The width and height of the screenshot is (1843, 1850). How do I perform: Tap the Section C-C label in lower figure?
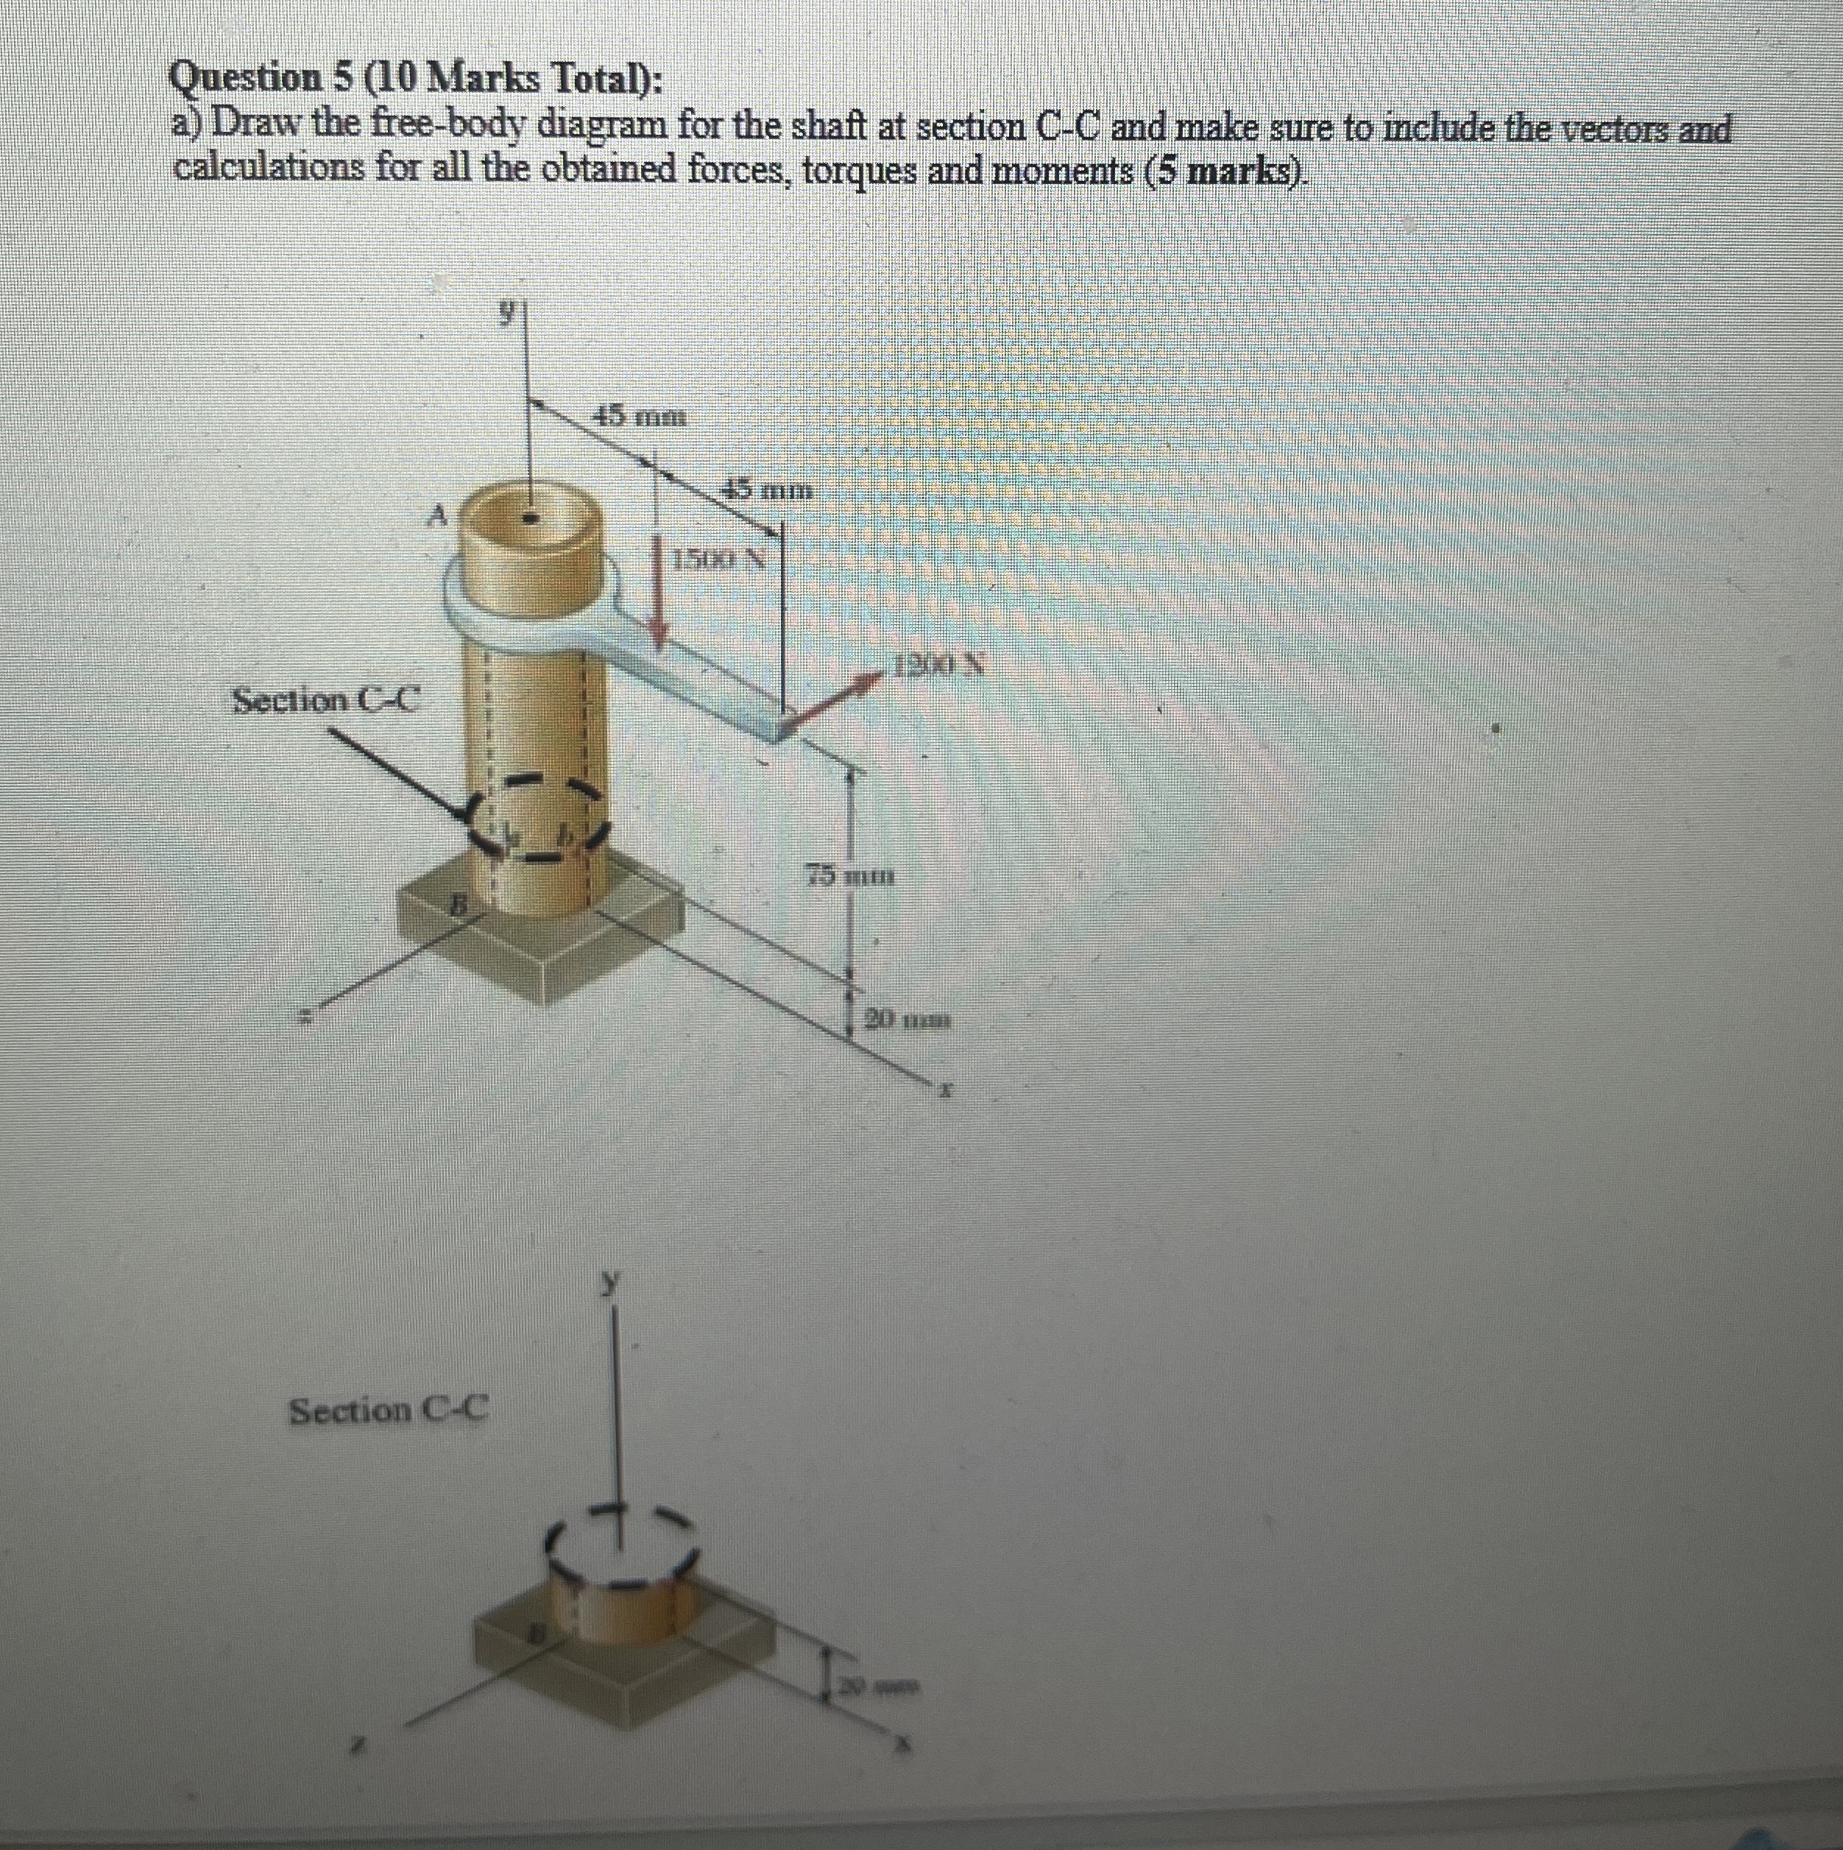389,1410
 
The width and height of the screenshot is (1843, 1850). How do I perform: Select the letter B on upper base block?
459,903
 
